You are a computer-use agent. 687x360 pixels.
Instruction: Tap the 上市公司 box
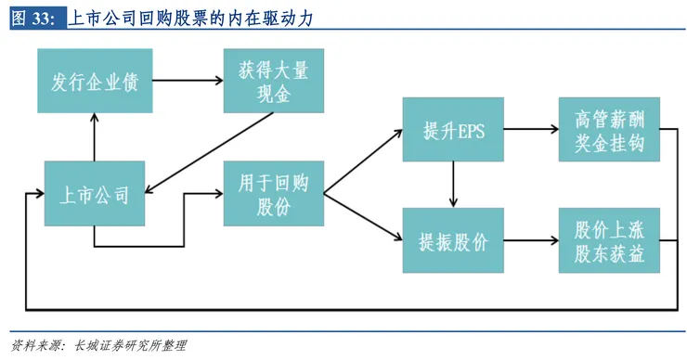click(95, 194)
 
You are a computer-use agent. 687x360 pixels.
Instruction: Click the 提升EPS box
click(453, 131)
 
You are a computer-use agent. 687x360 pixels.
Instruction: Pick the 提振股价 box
click(453, 242)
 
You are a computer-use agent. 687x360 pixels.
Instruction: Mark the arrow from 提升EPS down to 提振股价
click(453, 185)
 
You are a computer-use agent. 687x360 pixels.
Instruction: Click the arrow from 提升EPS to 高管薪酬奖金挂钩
click(530, 131)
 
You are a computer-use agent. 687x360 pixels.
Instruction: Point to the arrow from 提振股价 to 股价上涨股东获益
click(530, 242)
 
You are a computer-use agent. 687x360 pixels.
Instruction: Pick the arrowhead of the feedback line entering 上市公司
click(39, 194)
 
